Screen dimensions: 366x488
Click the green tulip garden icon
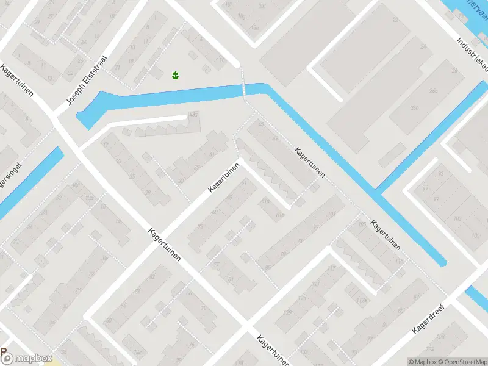tap(175, 76)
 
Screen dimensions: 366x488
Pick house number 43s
tap(194, 114)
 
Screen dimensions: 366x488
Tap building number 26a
tap(434, 90)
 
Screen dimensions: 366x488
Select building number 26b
tap(415, 108)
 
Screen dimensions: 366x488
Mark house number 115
tap(400, 260)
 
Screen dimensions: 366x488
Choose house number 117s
tap(363, 299)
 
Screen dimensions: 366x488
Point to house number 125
tap(302, 298)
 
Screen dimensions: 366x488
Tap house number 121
tap(316, 284)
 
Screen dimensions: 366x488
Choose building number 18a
tap(255, 27)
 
